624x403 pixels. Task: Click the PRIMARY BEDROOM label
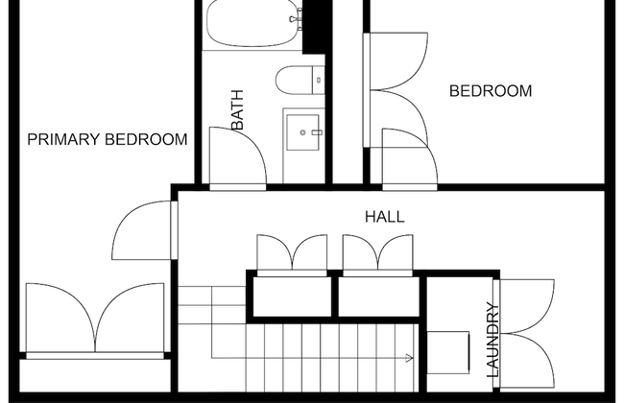click(x=108, y=140)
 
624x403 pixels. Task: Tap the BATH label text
click(x=237, y=109)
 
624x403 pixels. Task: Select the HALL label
click(x=385, y=217)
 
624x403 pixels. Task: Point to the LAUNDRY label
click(x=492, y=340)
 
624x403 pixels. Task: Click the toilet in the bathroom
click(x=300, y=80)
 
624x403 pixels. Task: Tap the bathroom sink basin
click(x=303, y=132)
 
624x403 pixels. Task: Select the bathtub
click(x=252, y=23)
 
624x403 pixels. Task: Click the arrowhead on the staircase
click(x=409, y=358)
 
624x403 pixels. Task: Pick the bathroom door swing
click(x=237, y=155)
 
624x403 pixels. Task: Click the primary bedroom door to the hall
click(x=144, y=230)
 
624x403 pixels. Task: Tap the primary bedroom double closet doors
click(x=95, y=318)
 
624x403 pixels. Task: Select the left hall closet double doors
click(x=292, y=252)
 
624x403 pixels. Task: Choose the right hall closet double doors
click(x=377, y=252)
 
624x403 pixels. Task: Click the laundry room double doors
click(x=526, y=333)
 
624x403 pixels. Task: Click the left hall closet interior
click(x=293, y=296)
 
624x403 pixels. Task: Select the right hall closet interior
click(x=379, y=296)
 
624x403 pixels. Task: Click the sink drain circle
click(x=302, y=132)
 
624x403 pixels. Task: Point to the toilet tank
click(x=319, y=80)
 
